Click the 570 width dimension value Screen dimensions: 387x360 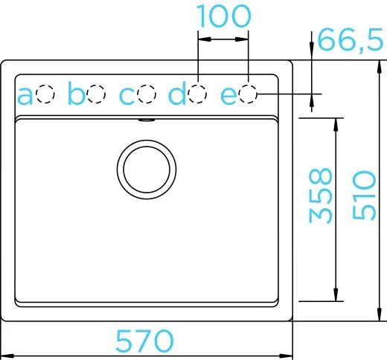144,341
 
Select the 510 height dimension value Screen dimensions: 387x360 364,195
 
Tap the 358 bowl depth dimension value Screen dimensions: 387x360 320,196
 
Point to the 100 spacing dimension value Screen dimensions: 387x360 224,16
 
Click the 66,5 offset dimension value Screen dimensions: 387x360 350,39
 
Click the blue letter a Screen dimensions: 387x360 25,96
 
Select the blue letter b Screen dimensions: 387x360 77,93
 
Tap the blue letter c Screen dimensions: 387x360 127,96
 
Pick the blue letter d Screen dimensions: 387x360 177,93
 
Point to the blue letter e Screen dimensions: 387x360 228,96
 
